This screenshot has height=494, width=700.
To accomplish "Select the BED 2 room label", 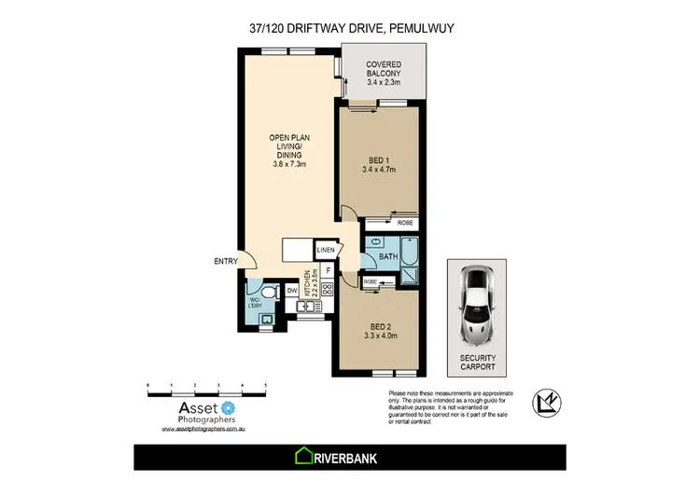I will pos(379,331).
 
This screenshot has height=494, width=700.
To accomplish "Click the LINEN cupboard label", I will pos(326,251).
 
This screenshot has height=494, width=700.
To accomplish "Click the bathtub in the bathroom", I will pos(409,254).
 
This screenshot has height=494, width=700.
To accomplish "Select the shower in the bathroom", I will pos(407,280).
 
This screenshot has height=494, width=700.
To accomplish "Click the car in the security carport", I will pos(477,304).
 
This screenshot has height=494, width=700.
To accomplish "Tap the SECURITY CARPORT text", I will pos(477,362).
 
